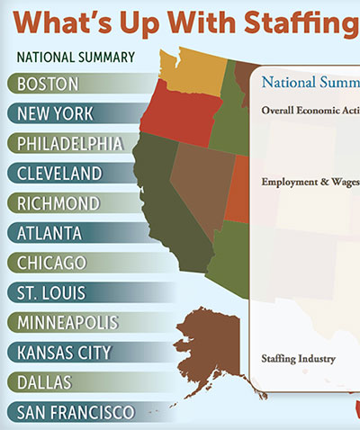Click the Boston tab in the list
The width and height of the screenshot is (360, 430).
point(54,84)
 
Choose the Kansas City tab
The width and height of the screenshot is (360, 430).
point(71,352)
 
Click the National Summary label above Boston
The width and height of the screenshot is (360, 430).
point(76,58)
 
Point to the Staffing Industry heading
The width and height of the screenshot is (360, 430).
point(298,359)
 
